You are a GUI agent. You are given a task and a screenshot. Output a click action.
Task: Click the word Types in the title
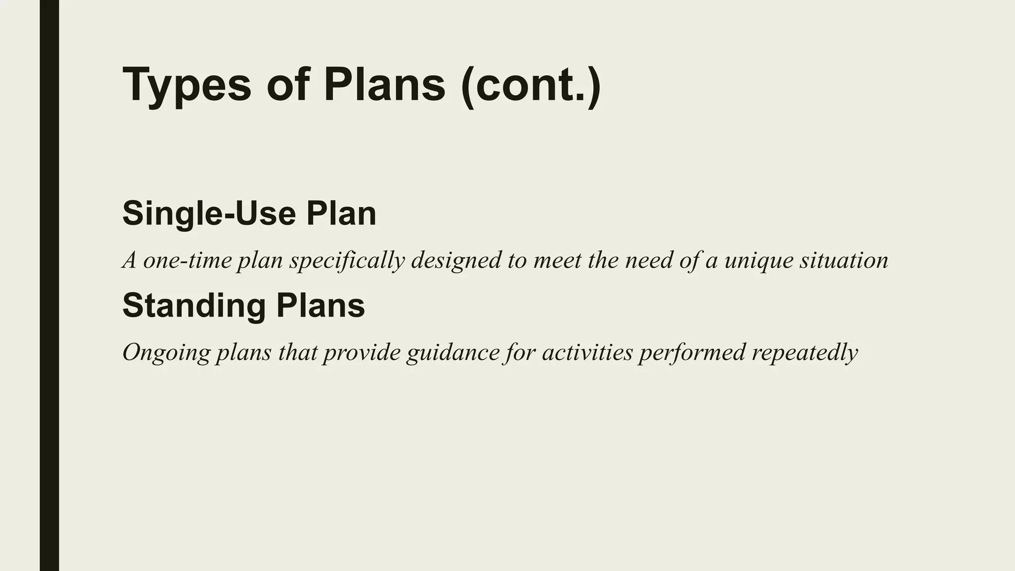point(187,85)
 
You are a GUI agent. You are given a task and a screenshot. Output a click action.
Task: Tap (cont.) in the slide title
point(530,85)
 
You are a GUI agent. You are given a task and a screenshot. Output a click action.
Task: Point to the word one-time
point(187,260)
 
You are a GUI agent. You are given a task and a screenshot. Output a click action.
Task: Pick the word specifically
point(347,261)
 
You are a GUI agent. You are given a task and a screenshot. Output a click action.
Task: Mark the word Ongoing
point(166,353)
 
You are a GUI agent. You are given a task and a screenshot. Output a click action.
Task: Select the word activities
point(587,352)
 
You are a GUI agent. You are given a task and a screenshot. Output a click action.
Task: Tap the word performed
point(692,353)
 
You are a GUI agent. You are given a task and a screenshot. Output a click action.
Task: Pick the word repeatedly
point(804,353)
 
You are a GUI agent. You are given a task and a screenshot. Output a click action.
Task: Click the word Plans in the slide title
point(385,85)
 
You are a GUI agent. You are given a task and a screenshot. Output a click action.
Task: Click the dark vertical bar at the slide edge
point(49,285)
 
